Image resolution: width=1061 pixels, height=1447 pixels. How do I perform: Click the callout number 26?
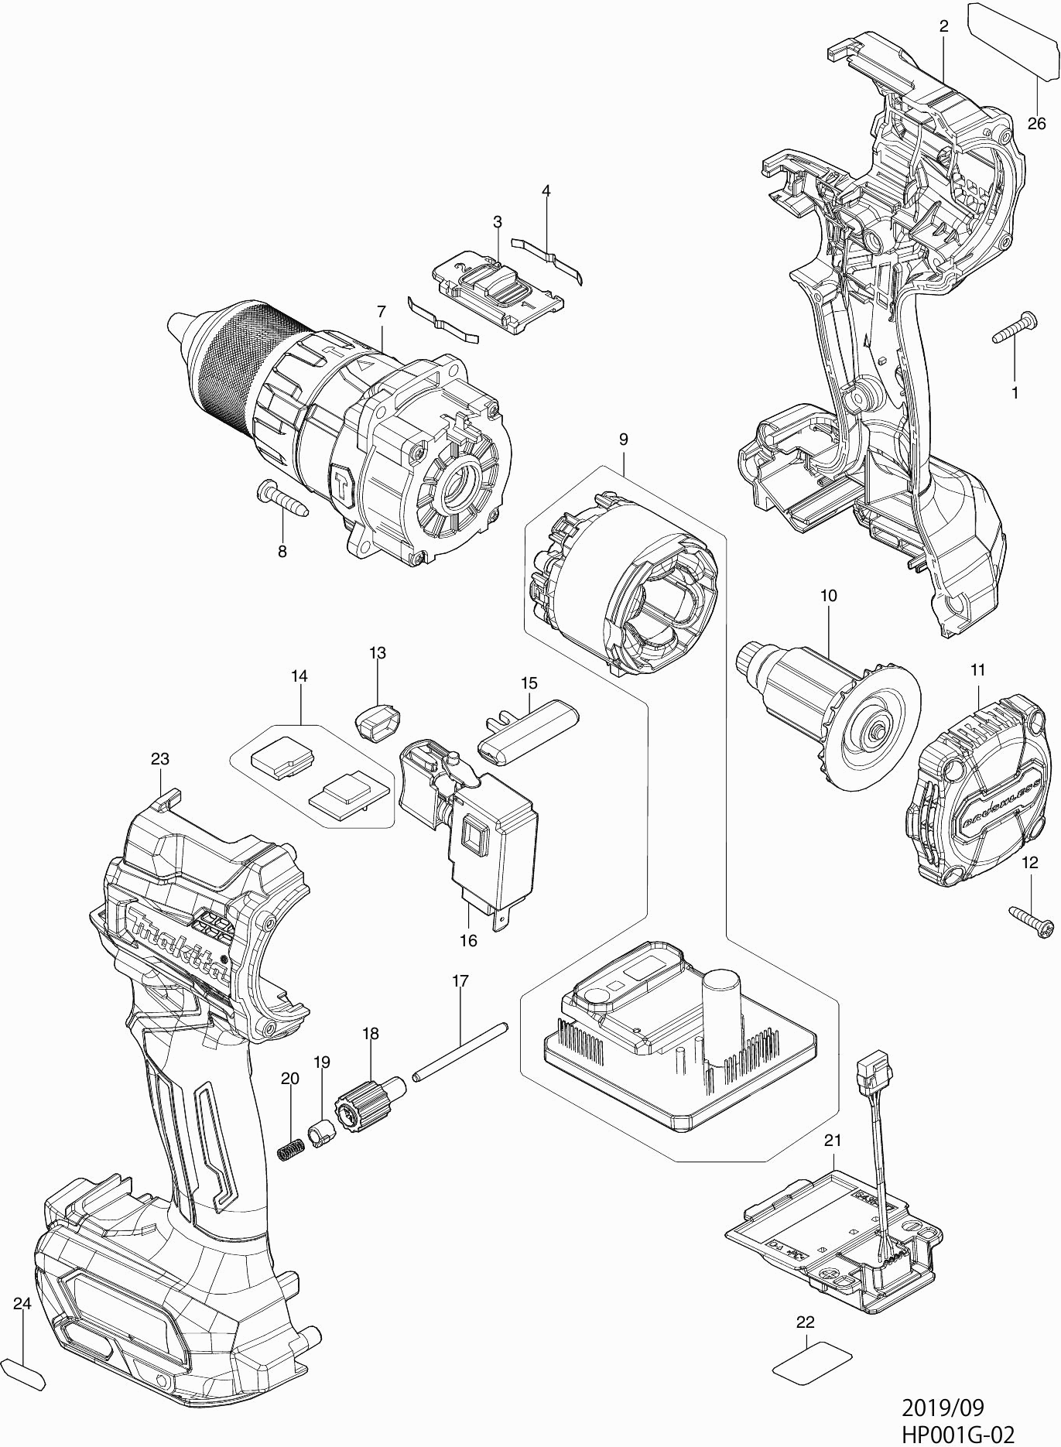(1036, 123)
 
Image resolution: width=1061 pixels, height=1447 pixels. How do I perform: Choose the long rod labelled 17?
(460, 1050)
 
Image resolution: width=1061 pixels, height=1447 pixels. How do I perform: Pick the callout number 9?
(623, 439)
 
